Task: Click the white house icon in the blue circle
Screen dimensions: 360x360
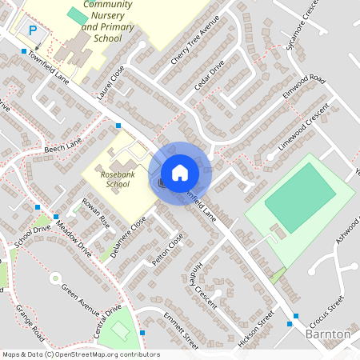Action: coord(179,172)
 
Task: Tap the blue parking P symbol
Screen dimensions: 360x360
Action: coord(33,30)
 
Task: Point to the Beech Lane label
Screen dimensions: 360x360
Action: coord(63,146)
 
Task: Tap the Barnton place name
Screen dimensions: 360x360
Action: coord(328,333)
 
